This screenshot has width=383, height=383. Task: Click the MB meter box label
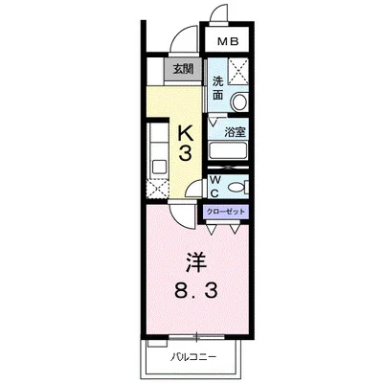click(228, 42)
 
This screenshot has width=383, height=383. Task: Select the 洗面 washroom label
click(219, 88)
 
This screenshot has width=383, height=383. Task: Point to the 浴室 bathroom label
click(236, 133)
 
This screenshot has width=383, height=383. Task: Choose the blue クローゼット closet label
click(225, 211)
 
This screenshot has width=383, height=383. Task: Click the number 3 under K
click(185, 154)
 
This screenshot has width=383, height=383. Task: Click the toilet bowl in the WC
click(237, 185)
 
